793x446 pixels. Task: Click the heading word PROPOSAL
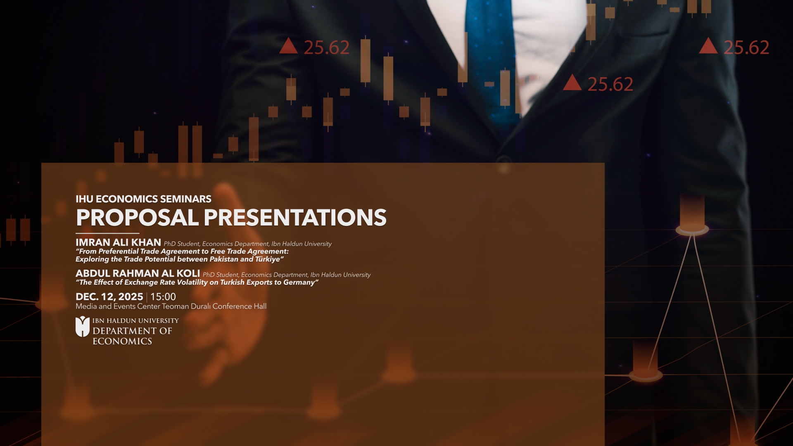(138, 218)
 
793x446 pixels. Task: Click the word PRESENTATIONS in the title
(295, 218)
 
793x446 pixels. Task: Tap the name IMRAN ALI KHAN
(118, 242)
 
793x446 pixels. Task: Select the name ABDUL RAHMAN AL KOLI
(138, 273)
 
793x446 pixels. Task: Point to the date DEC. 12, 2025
(109, 297)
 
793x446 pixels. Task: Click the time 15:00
(163, 297)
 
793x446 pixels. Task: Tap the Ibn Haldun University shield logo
(83, 327)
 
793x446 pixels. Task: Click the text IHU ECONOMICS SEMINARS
(143, 199)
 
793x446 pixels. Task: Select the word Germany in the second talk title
(299, 282)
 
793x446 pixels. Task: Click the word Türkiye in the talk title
(268, 259)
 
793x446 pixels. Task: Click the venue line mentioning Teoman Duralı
(171, 306)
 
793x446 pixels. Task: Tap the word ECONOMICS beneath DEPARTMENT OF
(122, 342)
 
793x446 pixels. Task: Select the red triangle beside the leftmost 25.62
(288, 46)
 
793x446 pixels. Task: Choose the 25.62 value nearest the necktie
(610, 85)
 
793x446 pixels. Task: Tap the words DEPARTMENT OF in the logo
(132, 331)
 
